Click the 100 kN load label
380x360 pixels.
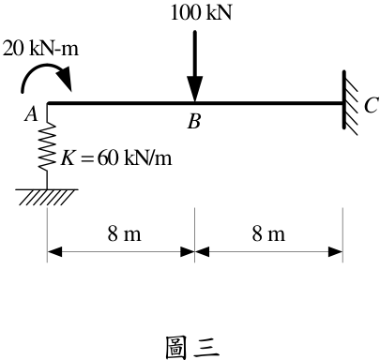201,13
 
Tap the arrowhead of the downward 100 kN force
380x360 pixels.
195,89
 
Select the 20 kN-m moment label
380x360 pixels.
40,49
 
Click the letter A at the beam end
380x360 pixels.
31,113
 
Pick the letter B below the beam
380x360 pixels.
194,122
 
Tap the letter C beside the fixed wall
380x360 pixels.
371,105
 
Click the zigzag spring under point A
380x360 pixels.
47,147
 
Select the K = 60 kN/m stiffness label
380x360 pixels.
116,157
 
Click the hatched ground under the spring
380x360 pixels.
47,197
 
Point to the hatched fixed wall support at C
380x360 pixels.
350,102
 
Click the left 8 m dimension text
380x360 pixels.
125,233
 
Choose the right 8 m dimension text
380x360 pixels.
268,233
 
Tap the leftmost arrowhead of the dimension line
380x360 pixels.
54,251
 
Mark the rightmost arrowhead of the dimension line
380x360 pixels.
335,251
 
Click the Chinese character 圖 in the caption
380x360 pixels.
175,347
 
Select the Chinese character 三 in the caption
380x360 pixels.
206,348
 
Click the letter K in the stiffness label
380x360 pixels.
68,157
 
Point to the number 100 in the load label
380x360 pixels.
185,13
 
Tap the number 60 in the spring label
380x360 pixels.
108,157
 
